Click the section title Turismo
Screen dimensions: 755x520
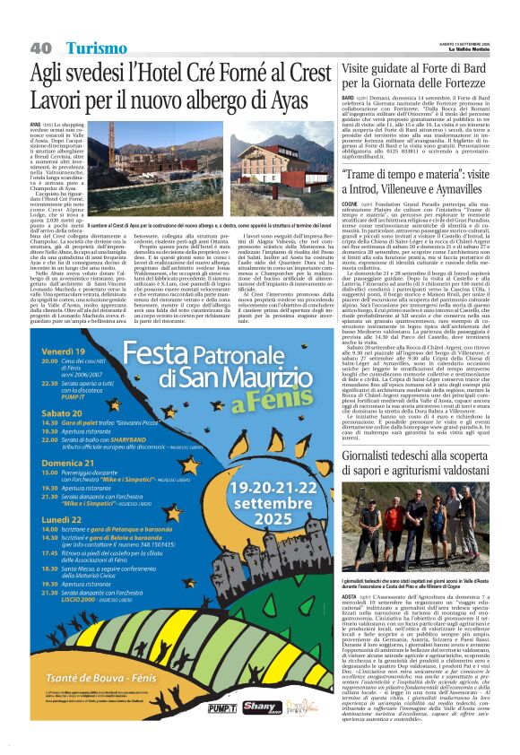96,47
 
